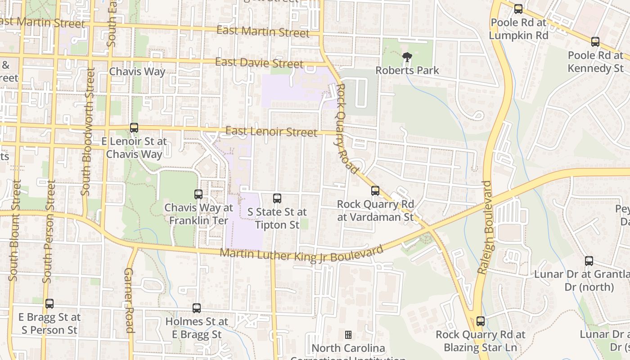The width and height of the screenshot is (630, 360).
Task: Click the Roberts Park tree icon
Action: pyautogui.click(x=407, y=57)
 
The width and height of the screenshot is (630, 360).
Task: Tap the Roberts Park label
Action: pyautogui.click(x=407, y=71)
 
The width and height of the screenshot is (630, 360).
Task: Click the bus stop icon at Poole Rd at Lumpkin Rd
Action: pyautogui.click(x=518, y=9)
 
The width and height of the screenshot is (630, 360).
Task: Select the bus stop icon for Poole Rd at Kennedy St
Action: pyautogui.click(x=595, y=42)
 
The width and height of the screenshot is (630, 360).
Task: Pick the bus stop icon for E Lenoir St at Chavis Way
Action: pyautogui.click(x=134, y=128)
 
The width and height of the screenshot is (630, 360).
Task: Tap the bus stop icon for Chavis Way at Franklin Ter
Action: pyautogui.click(x=198, y=194)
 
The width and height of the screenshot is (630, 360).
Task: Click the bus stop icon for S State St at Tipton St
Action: pyautogui.click(x=277, y=198)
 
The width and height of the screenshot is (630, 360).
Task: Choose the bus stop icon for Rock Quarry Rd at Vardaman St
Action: pyautogui.click(x=375, y=191)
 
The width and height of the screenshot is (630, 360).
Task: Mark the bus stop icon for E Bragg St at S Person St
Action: pyautogui.click(x=49, y=304)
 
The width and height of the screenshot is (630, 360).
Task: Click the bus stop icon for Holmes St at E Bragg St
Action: pyautogui.click(x=197, y=308)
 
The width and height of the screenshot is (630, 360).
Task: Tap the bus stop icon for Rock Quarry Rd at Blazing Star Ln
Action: pyautogui.click(x=481, y=321)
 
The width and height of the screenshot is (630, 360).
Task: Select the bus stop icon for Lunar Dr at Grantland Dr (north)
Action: pyautogui.click(x=589, y=261)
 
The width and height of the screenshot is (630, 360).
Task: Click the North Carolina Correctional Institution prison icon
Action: pyautogui.click(x=348, y=335)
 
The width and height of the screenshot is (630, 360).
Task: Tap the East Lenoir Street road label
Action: pyautogui.click(x=271, y=131)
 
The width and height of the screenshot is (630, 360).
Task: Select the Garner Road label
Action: pyautogui.click(x=129, y=300)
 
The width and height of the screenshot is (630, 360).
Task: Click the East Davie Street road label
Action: pyautogui.click(x=259, y=63)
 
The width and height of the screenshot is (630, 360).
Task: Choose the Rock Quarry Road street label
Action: pyautogui.click(x=346, y=128)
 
